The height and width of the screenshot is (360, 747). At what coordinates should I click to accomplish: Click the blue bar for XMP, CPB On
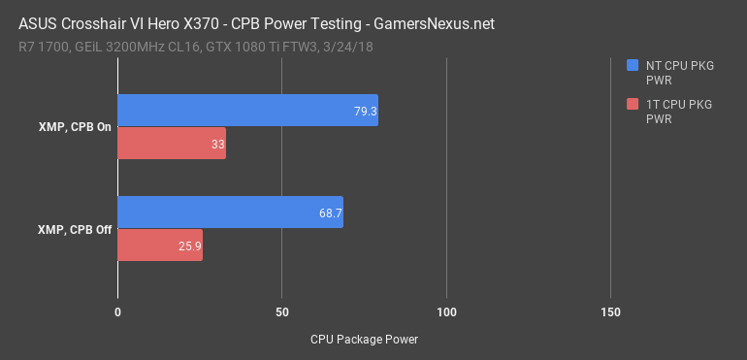pyautogui.click(x=247, y=111)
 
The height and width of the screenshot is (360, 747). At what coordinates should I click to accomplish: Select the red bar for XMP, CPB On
pyautogui.click(x=172, y=144)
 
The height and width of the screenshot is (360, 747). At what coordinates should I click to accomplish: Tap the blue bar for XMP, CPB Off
pyautogui.click(x=230, y=212)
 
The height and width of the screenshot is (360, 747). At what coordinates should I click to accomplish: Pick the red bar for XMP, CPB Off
pyautogui.click(x=160, y=245)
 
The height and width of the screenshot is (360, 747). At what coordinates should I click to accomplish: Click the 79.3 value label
pyautogui.click(x=365, y=112)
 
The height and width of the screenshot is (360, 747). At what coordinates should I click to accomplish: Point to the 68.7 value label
pyautogui.click(x=331, y=213)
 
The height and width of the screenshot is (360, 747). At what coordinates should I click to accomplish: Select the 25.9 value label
pyautogui.click(x=190, y=245)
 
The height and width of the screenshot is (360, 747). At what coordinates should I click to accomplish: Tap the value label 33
pyautogui.click(x=217, y=145)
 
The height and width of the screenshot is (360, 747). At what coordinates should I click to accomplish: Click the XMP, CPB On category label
pyautogui.click(x=74, y=128)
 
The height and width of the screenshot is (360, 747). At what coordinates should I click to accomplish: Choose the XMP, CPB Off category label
pyautogui.click(x=74, y=229)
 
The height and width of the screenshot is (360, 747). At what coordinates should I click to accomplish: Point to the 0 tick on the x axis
pyautogui.click(x=117, y=311)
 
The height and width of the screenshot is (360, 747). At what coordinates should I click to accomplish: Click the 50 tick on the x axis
pyautogui.click(x=281, y=311)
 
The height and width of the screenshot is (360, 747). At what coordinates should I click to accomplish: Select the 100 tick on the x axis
pyautogui.click(x=446, y=311)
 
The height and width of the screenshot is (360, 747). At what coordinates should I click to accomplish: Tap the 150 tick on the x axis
pyautogui.click(x=610, y=311)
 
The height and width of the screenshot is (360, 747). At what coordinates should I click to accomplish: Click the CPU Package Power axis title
pyautogui.click(x=364, y=340)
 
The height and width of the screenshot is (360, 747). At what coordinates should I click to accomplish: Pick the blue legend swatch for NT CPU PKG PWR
pyautogui.click(x=633, y=66)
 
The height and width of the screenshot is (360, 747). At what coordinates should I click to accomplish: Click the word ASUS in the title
pyautogui.click(x=40, y=21)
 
